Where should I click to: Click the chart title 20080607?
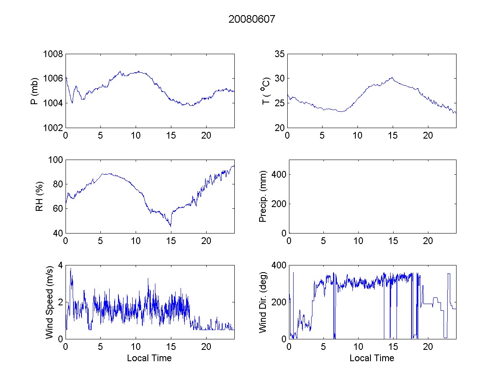coord(252,19)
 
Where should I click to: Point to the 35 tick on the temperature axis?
coord(280,54)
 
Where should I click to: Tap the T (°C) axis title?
coord(265,91)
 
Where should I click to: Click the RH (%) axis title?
coord(39,197)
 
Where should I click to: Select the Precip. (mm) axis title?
coord(263,197)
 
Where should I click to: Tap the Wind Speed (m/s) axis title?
coord(50,302)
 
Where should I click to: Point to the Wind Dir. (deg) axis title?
coord(263,302)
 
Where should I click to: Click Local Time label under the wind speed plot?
coord(149,358)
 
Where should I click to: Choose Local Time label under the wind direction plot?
coord(372,358)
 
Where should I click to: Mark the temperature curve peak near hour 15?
coord(392,77)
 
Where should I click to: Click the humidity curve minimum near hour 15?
coord(171,226)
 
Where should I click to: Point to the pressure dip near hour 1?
coord(72,102)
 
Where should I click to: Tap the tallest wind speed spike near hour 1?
coord(71,268)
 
